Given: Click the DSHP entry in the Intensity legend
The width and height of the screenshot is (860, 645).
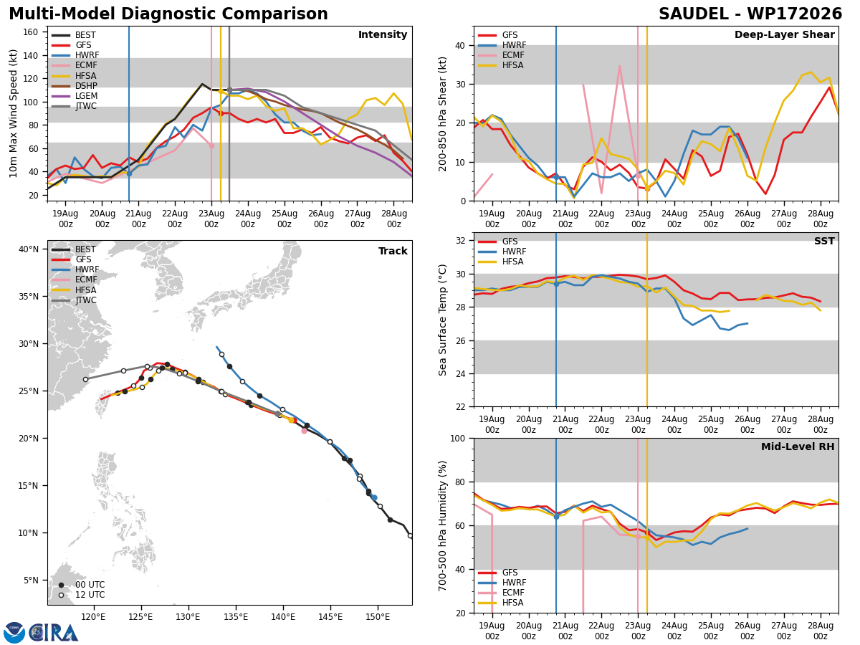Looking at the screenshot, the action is coord(75,86).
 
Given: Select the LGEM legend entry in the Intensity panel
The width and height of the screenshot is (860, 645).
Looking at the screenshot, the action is coord(75,96).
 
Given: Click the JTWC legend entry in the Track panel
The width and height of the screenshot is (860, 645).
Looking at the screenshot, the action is coord(74,300).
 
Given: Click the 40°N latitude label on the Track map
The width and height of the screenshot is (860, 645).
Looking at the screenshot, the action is coord(28,249).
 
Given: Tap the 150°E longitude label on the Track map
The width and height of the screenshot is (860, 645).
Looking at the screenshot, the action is coord(378,617).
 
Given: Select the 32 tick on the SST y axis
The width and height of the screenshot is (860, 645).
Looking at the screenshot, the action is coord(461,241).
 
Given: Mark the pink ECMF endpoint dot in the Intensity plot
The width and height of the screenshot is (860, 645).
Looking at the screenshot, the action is coord(211,145).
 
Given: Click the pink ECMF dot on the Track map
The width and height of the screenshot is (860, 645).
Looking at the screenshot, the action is coord(304,431).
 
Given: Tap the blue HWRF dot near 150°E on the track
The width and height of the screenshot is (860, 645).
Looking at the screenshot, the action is coord(374,498).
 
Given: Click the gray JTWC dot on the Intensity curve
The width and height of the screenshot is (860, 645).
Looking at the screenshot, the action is coord(229,90).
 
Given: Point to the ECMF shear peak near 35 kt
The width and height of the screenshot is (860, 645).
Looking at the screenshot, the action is coord(619,66).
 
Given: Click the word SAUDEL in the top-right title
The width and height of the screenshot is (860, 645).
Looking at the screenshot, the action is coord(693,14).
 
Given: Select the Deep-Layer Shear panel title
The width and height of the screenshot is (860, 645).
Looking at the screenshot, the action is coord(784,34).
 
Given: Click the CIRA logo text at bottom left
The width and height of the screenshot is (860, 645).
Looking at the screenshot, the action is coord(54,633).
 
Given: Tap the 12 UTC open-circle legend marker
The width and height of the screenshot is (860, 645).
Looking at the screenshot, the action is coord(61,595).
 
